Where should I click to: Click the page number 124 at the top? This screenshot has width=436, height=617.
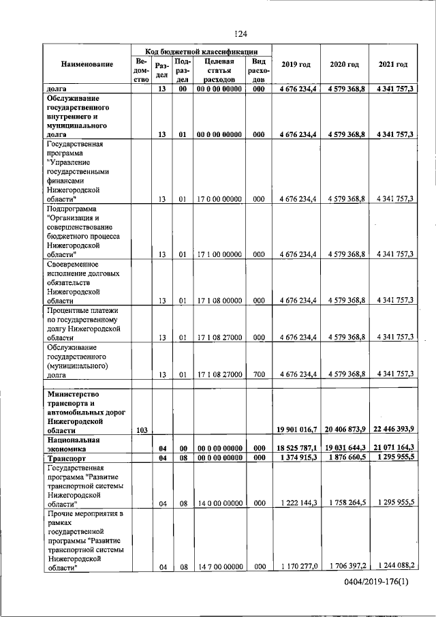(240, 34)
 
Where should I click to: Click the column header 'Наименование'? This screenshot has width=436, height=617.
(87, 65)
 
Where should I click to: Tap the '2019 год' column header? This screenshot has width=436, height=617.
(296, 65)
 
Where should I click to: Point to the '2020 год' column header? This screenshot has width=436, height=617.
(344, 65)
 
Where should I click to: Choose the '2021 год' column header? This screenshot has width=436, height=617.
(392, 65)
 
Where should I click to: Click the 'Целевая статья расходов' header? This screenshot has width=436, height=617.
(219, 70)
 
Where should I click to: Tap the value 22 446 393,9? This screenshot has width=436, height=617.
(394, 428)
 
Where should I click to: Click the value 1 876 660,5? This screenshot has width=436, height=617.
(345, 458)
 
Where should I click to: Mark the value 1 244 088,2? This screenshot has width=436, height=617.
(394, 566)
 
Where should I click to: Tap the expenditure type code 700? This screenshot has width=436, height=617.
(258, 374)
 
